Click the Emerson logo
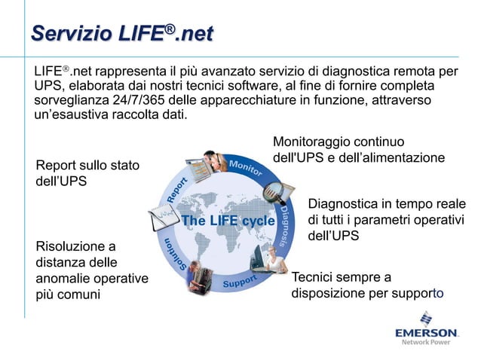426,332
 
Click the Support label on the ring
240,282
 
